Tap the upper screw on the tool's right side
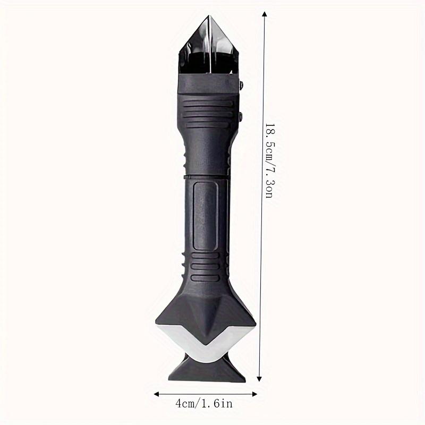[x=242, y=85]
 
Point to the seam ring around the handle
[x=207, y=175]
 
